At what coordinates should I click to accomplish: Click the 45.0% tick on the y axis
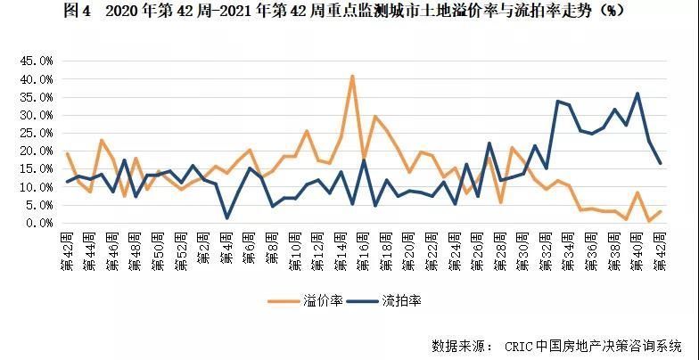pyautogui.click(x=37, y=61)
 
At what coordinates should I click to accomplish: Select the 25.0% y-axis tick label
pyautogui.click(x=37, y=133)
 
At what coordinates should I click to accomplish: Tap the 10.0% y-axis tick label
pyautogui.click(x=37, y=187)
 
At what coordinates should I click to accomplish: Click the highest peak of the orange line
pyautogui.click(x=353, y=77)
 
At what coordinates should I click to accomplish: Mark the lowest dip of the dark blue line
pyautogui.click(x=227, y=217)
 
